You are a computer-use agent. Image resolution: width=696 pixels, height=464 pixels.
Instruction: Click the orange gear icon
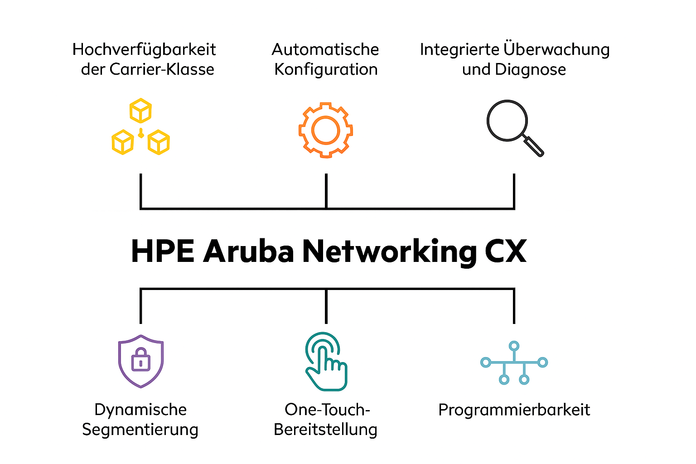click(x=325, y=130)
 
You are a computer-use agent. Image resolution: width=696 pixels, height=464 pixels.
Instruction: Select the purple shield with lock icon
click(x=141, y=361)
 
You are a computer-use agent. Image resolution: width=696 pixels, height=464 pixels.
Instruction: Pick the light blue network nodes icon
click(x=514, y=362)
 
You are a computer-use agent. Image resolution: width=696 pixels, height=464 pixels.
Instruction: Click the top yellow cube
click(x=140, y=110)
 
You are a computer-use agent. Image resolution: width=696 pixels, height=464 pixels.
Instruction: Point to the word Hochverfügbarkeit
click(x=144, y=49)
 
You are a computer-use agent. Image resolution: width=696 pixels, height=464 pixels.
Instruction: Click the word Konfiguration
click(x=326, y=69)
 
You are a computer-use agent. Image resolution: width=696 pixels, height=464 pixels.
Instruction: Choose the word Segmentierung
click(x=140, y=429)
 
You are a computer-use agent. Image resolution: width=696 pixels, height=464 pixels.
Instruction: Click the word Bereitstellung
click(x=325, y=429)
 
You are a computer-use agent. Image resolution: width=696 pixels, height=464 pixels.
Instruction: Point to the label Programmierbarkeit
click(x=514, y=410)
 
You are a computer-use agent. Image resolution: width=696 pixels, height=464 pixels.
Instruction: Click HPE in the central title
click(x=162, y=251)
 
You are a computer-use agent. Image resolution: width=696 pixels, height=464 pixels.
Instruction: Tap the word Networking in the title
click(x=389, y=251)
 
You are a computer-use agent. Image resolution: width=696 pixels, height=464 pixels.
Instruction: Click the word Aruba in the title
click(x=249, y=251)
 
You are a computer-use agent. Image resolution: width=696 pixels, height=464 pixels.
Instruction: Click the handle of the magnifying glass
click(x=534, y=147)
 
